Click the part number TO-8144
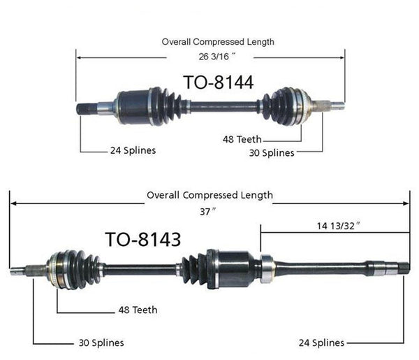tap(218, 82)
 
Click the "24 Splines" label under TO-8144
tap(133, 150)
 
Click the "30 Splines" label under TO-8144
tap(272, 152)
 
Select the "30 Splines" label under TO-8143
tap(101, 343)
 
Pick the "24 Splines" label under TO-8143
tap(321, 343)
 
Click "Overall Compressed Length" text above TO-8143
tap(209, 196)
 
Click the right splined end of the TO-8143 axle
tap(400, 267)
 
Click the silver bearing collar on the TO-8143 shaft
tap(266, 268)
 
